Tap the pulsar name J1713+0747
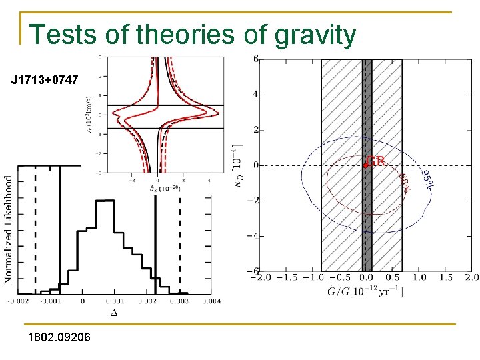(45, 81)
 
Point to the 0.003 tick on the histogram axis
(179, 302)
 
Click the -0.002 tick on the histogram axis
(18, 302)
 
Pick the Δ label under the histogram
(113, 313)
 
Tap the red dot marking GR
(366, 165)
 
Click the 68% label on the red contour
(405, 181)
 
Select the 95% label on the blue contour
(427, 176)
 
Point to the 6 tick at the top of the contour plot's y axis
(256, 59)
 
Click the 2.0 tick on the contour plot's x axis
(471, 277)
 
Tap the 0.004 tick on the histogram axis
(211, 302)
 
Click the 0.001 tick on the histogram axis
(114, 302)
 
